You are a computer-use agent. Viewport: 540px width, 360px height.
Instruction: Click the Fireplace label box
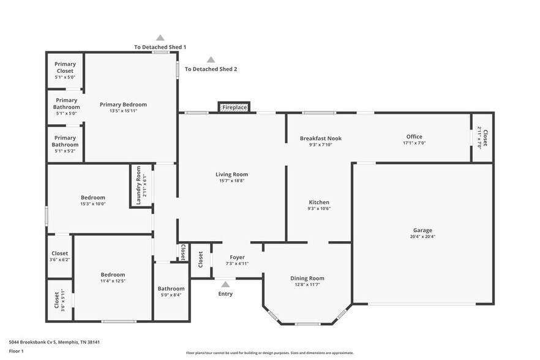point(234,107)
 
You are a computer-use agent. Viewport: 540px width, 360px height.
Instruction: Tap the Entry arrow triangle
point(225,284)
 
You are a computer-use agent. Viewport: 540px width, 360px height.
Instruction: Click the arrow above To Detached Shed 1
point(160,38)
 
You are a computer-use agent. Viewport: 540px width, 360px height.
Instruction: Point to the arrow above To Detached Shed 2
point(211,60)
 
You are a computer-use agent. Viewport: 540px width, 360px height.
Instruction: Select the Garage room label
point(422,230)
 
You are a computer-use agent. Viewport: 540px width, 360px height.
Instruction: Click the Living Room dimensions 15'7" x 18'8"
point(231,181)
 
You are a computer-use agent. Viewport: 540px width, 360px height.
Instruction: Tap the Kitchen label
point(319,202)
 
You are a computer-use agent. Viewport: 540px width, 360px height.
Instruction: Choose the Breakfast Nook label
point(320,138)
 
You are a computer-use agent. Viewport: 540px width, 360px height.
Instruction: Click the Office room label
point(414,137)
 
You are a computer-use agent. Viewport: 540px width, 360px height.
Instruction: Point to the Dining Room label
point(307,278)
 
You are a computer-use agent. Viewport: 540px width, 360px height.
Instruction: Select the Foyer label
point(237,257)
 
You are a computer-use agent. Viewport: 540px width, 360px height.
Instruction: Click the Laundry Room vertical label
point(138,186)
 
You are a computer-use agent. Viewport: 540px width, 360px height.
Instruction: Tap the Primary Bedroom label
point(123,104)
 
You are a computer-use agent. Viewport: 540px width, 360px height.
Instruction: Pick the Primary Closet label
point(65,67)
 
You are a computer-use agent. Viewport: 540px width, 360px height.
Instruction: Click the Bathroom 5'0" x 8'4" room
point(170,291)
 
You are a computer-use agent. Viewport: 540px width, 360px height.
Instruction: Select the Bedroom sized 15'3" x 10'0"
point(93,200)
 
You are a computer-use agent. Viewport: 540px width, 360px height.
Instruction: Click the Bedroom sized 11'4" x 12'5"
point(113,277)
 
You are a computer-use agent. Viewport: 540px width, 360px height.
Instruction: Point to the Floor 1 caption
point(16,351)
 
